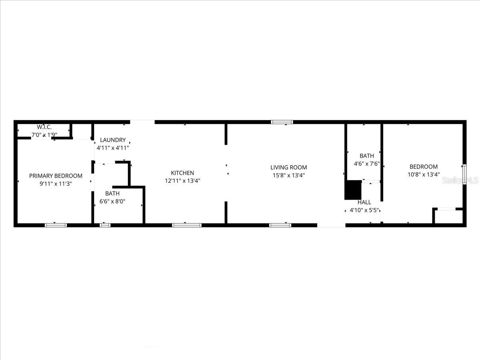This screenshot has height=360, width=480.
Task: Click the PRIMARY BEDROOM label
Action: coord(56,176)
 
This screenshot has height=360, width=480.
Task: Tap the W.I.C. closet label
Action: coord(44,127)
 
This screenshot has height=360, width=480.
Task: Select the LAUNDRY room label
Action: coord(113,140)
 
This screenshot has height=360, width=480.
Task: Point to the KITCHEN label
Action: coord(182,173)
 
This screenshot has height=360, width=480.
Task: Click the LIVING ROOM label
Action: coord(288,167)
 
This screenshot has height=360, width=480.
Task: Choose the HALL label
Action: coord(364,202)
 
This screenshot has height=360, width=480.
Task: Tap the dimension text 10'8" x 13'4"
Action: coord(424,174)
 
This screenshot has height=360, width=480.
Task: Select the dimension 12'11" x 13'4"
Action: coord(182,180)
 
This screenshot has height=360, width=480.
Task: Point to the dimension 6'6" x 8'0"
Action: coord(112,202)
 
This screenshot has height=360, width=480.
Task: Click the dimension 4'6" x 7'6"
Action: coord(367,164)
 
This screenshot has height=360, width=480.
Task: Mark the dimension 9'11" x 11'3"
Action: coord(56,184)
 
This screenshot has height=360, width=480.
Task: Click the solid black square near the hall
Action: coord(353,190)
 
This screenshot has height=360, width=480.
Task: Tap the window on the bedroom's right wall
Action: coord(464,174)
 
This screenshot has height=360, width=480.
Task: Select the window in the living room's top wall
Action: coord(282,122)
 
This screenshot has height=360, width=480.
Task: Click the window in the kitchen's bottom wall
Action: coord(187,225)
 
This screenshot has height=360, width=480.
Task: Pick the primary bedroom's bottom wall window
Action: coord(56,225)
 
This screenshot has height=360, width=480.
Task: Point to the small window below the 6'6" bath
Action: coord(105,225)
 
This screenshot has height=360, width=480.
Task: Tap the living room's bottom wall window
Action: coord(280,225)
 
